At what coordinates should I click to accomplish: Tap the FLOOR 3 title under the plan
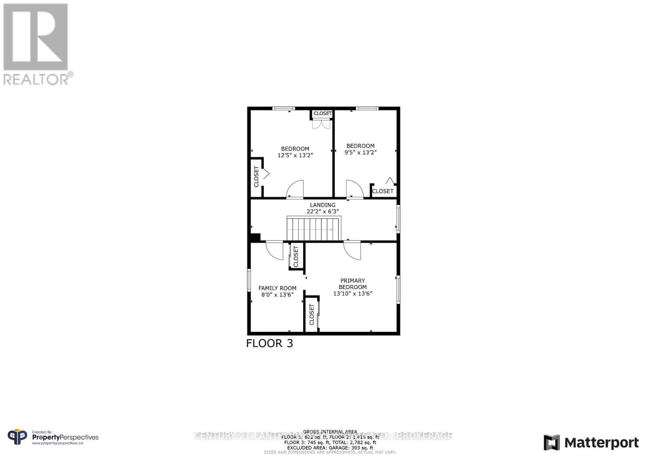click(x=269, y=344)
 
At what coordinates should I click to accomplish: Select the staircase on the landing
click(x=314, y=229)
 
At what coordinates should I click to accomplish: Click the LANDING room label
click(x=323, y=205)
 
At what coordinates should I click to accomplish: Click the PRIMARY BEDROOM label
click(x=352, y=284)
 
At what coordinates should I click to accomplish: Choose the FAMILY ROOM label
click(x=277, y=288)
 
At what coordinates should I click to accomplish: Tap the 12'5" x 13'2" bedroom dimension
click(x=296, y=155)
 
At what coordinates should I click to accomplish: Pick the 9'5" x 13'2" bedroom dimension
click(x=361, y=153)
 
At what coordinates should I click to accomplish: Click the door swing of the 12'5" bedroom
click(x=295, y=189)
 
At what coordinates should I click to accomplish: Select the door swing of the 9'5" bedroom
click(x=354, y=189)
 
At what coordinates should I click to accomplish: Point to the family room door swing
click(x=275, y=250)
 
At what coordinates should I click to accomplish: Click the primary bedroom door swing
click(x=352, y=250)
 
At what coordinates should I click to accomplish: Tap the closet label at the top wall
click(x=323, y=113)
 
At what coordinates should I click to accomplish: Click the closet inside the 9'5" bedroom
click(x=382, y=191)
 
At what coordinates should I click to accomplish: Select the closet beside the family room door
click(x=296, y=256)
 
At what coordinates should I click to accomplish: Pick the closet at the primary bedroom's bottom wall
click(x=312, y=314)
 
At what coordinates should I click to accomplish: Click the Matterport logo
click(x=591, y=443)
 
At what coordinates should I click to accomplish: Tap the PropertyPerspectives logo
click(x=53, y=438)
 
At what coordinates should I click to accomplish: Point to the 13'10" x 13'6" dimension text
click(x=352, y=294)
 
